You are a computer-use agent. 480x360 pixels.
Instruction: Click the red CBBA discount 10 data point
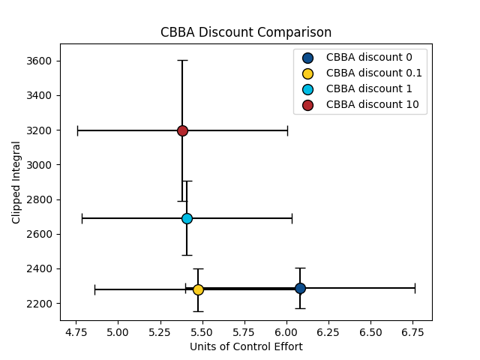(182, 130)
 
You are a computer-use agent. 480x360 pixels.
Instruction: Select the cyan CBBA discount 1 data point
(187, 218)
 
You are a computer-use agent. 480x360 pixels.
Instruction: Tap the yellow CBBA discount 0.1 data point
(198, 289)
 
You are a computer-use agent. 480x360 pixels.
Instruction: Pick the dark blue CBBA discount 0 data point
(300, 288)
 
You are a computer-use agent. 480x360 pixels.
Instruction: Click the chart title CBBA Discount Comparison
(246, 33)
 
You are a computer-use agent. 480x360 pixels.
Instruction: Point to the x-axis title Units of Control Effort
(246, 346)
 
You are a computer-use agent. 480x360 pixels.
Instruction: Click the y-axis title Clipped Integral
(16, 181)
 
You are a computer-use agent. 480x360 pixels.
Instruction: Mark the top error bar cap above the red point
(182, 60)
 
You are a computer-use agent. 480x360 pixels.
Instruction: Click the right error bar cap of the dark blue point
(415, 288)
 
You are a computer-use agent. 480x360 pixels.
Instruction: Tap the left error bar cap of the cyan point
(82, 218)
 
